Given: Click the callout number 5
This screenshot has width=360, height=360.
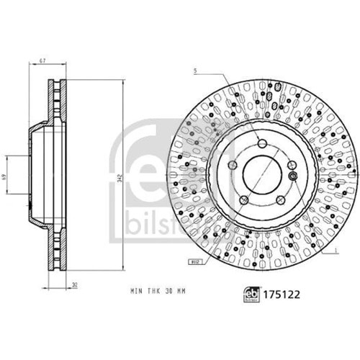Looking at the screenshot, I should pos(194,70).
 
